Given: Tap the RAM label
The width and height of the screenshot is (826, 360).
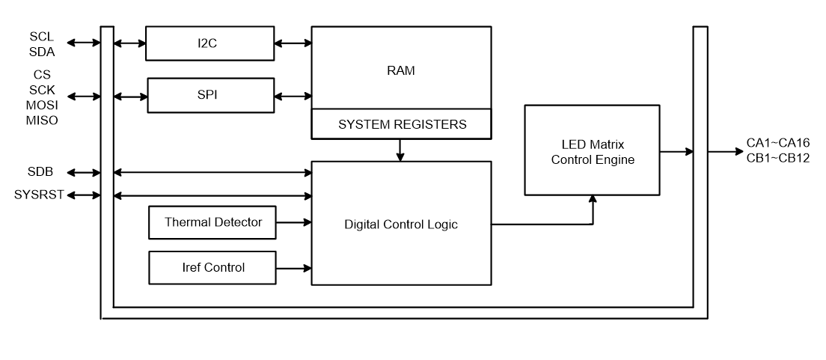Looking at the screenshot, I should (x=402, y=71).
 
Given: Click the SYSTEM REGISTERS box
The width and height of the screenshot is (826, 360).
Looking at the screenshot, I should (x=402, y=125).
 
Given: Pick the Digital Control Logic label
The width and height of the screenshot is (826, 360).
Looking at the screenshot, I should (x=401, y=223).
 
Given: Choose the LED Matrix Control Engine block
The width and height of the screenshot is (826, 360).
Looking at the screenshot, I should (x=592, y=150).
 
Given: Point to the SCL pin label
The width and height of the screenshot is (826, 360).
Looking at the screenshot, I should (x=42, y=36).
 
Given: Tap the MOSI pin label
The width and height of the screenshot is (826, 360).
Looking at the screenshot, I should (x=42, y=108).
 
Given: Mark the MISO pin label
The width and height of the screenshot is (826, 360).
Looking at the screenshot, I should (x=42, y=120).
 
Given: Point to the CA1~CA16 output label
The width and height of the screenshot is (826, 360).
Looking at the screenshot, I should (x=778, y=144).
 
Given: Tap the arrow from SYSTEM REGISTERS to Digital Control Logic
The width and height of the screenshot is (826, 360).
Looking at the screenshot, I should (x=401, y=150).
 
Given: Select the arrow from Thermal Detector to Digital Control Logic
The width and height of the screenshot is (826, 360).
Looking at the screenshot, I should (x=293, y=222).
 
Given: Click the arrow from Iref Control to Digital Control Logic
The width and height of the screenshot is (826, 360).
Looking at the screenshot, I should (x=293, y=267).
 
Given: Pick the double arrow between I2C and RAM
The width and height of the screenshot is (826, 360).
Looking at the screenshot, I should (x=293, y=43).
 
